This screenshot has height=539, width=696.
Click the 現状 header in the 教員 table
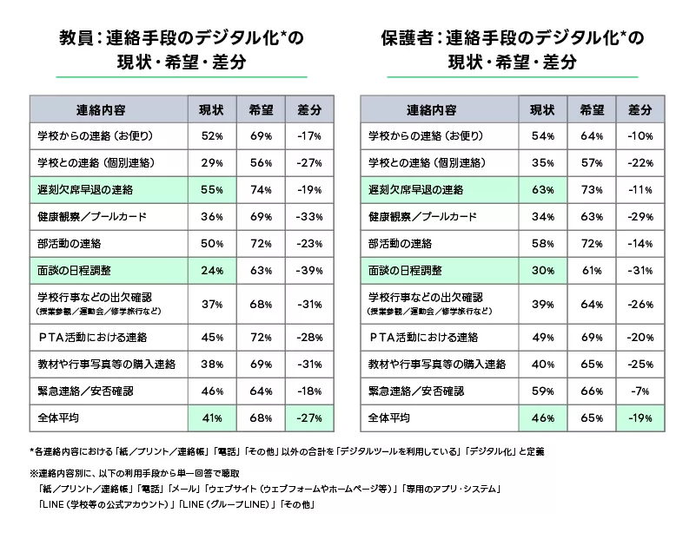(x=212, y=110)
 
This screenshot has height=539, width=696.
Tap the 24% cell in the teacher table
(x=212, y=271)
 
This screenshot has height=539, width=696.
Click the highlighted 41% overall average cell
(x=212, y=418)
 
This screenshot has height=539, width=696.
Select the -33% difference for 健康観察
(x=308, y=217)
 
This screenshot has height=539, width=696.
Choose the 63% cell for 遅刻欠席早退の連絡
(x=543, y=190)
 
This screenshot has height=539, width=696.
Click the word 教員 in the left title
(x=76, y=38)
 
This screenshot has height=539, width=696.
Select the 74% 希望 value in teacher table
(x=262, y=190)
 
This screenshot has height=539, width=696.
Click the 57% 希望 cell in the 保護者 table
(x=593, y=163)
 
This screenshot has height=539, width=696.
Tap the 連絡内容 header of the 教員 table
(x=108, y=110)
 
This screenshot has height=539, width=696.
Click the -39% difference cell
(x=308, y=271)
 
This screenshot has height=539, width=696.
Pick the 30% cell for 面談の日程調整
(x=543, y=271)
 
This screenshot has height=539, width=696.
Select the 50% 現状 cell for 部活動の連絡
(x=212, y=244)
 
